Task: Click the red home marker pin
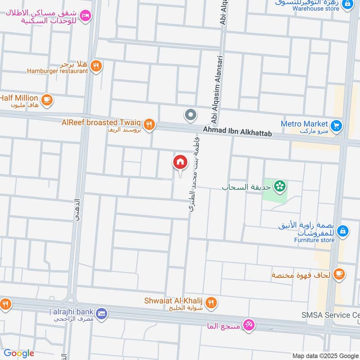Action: click(x=180, y=162)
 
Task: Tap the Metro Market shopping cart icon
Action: click(x=336, y=126)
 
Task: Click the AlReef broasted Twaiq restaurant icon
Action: click(x=150, y=125)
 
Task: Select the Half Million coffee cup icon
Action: click(x=46, y=99)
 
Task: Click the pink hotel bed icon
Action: click(x=85, y=16)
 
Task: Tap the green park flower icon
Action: click(x=280, y=185)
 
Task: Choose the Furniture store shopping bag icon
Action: click(x=342, y=230)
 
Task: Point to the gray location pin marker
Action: click(x=191, y=115)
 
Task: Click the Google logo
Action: click(x=19, y=353)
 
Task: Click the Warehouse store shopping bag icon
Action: click(x=347, y=4)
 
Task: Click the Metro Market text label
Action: click(x=305, y=124)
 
